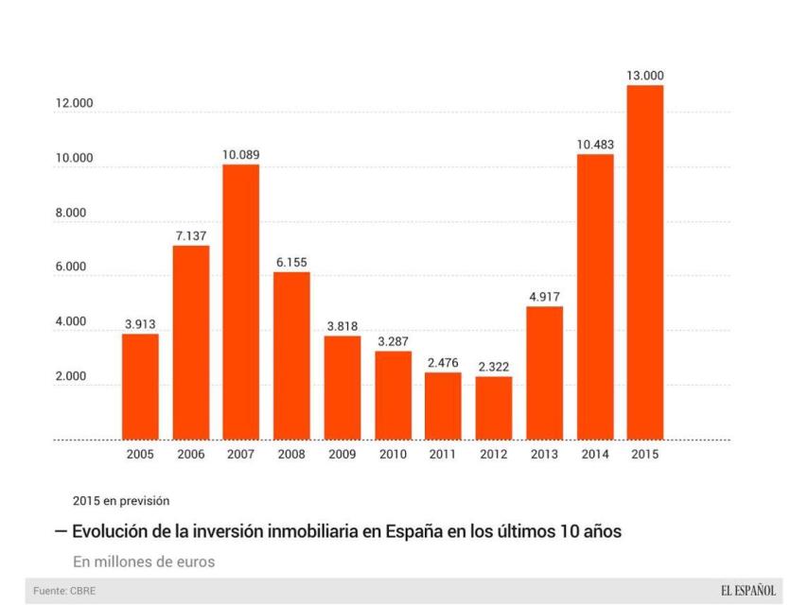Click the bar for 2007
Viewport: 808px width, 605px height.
pos(241,302)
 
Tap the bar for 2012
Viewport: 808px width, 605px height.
pos(493,407)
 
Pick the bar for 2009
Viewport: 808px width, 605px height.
pos(343,388)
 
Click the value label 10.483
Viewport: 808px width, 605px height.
pos(595,145)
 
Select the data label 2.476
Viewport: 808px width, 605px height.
pos(443,362)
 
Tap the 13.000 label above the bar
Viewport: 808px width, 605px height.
pos(644,76)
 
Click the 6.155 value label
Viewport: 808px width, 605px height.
pos(291,262)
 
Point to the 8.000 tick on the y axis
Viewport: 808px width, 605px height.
pos(68,213)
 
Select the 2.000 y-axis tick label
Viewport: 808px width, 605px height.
pos(68,376)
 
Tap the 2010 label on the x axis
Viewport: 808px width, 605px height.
pos(393,454)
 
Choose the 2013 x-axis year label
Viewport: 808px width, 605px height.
pos(544,454)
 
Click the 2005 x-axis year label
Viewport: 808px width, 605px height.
pos(141,454)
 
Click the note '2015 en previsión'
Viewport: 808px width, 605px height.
pos(121,500)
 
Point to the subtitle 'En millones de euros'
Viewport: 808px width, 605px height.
pos(144,562)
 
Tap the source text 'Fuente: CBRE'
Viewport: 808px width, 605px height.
pos(64,591)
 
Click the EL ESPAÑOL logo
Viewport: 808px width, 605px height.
pos(747,591)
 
